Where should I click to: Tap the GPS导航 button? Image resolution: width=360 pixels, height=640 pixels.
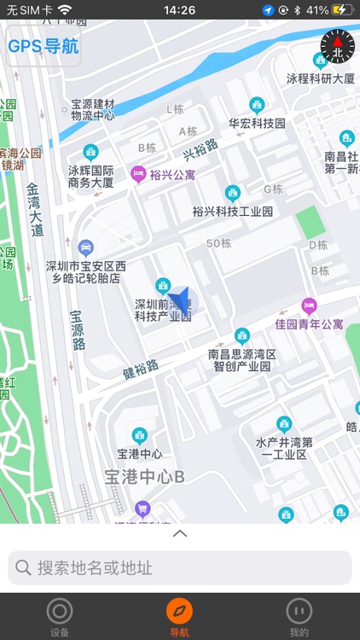[x=43, y=47]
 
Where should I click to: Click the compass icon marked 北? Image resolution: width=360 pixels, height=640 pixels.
[x=336, y=46]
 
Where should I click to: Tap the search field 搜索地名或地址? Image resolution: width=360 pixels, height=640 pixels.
[x=180, y=567]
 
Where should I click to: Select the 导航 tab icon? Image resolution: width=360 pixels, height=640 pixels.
[x=179, y=611]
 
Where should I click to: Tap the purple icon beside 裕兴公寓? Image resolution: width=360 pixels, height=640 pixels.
[x=137, y=174]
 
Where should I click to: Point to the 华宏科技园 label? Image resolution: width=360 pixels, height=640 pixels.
[x=257, y=123]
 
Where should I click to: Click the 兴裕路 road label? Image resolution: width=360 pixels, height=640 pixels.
[x=201, y=149]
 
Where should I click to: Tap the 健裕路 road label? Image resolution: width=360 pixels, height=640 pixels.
[x=141, y=369]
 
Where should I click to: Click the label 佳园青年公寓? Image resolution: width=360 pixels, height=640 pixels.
[x=309, y=324]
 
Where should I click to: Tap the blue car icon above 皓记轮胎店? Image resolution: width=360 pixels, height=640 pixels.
[x=85, y=247]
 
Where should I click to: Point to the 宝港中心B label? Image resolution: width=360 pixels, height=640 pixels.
[x=144, y=476]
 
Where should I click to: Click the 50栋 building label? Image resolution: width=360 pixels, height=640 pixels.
[x=219, y=243]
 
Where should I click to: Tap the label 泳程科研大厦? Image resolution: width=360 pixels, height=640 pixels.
[x=320, y=79]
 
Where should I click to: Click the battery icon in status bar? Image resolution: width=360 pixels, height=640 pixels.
[x=342, y=10]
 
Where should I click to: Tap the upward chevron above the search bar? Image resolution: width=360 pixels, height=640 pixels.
[x=180, y=534]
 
